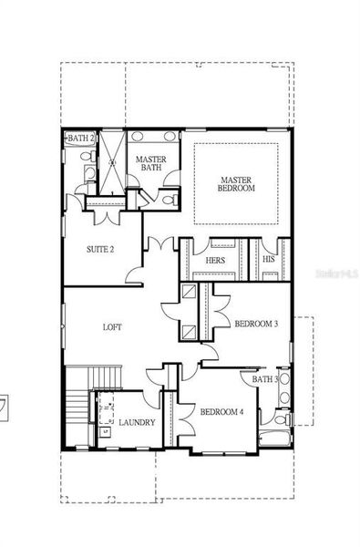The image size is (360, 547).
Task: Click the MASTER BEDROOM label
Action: point(237,182)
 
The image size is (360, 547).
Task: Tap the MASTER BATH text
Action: point(149,163)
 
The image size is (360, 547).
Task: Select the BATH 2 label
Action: point(80,138)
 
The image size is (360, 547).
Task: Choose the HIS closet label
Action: point(268,260)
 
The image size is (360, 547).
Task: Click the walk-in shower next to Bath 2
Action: point(110,162)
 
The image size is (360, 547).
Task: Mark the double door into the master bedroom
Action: point(162,245)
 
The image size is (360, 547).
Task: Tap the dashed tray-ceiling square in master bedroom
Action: point(237,181)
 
